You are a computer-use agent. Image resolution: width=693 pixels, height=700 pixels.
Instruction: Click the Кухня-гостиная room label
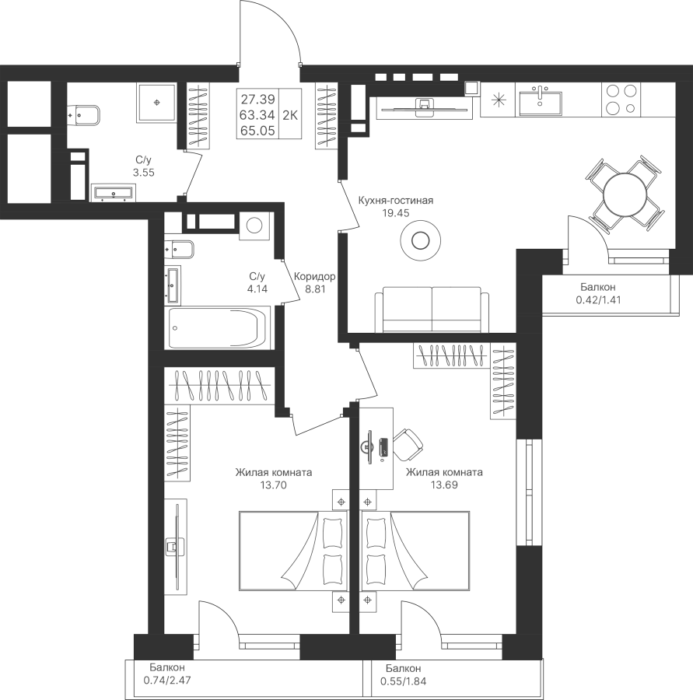pos(395,201)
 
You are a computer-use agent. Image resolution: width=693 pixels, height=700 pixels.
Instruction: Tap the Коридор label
pos(315,276)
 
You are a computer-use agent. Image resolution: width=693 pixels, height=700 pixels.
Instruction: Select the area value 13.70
pos(275,485)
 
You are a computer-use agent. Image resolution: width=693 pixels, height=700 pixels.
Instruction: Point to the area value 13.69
pos(444,485)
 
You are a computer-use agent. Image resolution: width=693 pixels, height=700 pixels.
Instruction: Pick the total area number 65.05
pos(257,131)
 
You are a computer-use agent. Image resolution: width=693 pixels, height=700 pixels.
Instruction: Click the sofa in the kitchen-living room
pos(432,309)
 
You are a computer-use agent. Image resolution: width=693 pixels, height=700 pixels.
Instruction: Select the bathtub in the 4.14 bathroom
pos(219,329)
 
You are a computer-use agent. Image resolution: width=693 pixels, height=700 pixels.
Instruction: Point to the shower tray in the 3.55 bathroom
pos(158,101)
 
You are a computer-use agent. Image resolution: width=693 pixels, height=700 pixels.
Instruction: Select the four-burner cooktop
pos(621,99)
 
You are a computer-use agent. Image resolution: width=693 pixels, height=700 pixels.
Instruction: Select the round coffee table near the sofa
pos(420,241)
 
